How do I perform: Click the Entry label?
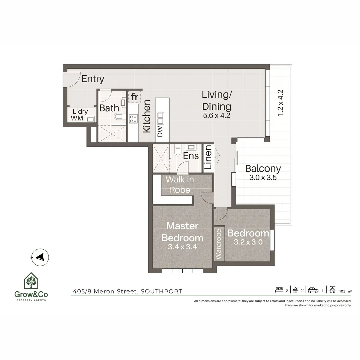coord(93,79)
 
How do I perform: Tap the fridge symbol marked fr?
coord(135,97)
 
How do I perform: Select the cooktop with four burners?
coord(133,118)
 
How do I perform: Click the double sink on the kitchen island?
coord(160,117)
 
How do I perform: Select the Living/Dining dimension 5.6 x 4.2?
coord(217,116)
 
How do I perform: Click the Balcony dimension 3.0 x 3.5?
coord(263,177)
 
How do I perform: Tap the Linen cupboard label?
coord(208,159)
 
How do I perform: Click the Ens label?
coord(191,156)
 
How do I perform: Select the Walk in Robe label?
coord(180,185)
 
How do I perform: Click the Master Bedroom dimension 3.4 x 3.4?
coord(182,247)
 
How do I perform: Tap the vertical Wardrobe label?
coord(219,244)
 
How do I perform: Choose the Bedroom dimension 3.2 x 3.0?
coord(248,242)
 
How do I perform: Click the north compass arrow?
coord(40,257)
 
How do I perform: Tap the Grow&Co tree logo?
coord(31,281)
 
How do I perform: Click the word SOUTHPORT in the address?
coord(161,291)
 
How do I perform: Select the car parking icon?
coord(313,290)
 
